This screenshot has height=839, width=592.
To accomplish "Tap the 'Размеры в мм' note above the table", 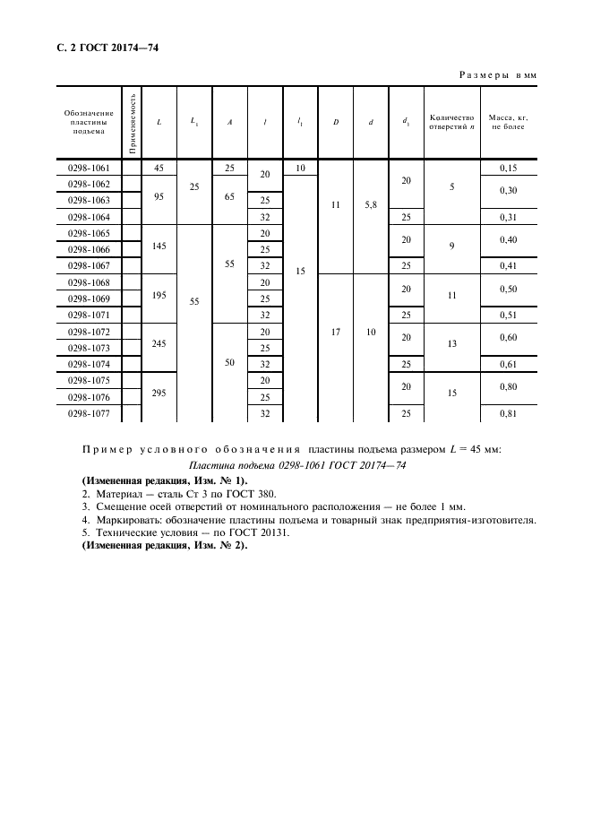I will [x=497, y=76].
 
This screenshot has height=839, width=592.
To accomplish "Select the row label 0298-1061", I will [x=88, y=168].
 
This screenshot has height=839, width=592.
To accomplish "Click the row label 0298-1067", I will [x=88, y=266].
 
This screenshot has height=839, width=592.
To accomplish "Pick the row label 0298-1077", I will [x=88, y=413].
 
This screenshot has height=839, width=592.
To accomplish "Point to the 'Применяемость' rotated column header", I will [x=132, y=118].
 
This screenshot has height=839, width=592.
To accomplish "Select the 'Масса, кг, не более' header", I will [x=507, y=121].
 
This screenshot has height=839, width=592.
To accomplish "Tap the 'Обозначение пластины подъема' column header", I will [x=89, y=121].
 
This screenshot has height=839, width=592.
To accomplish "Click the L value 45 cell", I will [x=159, y=168].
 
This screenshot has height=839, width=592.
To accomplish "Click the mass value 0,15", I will [x=508, y=168].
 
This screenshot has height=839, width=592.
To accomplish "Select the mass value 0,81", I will [x=508, y=413].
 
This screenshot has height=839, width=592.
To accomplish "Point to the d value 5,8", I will [x=371, y=205].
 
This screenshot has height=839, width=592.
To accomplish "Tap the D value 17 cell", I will [x=335, y=332].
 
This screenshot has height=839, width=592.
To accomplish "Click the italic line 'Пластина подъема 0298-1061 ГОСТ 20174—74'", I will [x=298, y=465].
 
